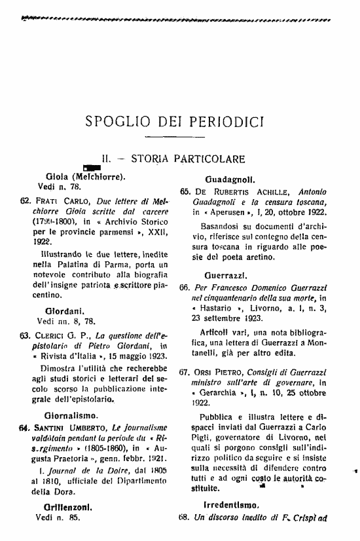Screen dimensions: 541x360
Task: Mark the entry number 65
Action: (185, 191)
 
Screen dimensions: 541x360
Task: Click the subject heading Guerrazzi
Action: (226, 275)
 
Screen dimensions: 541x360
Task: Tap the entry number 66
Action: (185, 288)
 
